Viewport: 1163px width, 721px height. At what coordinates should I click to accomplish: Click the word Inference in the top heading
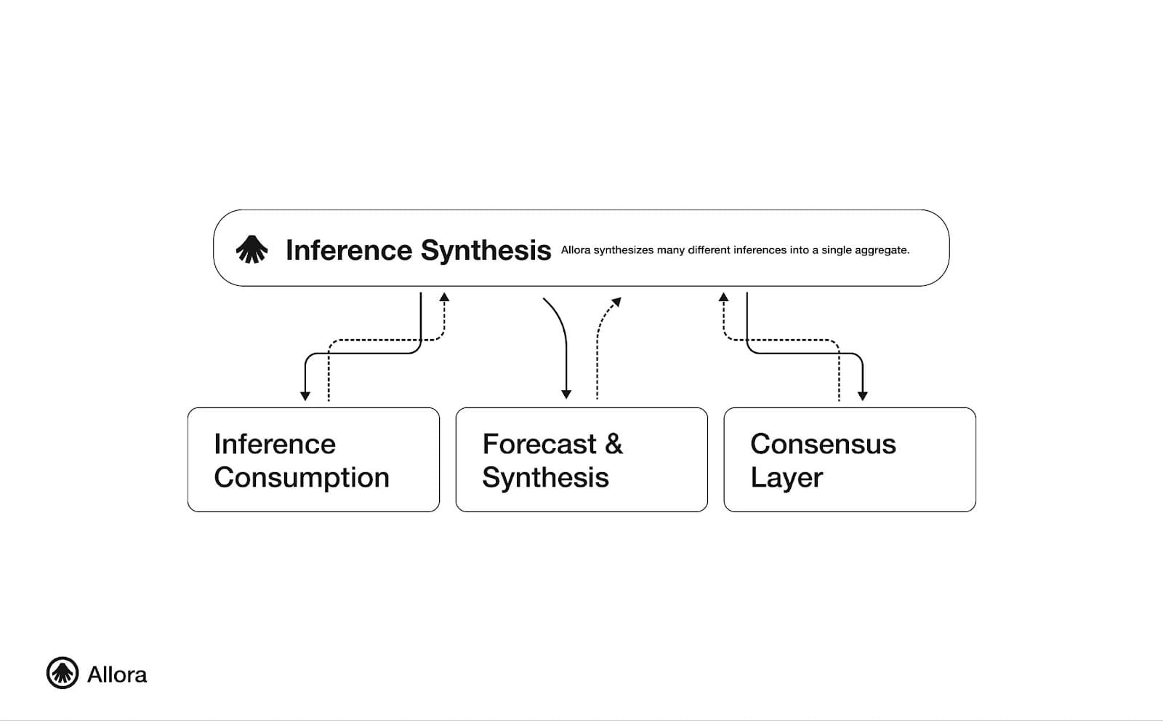tap(349, 250)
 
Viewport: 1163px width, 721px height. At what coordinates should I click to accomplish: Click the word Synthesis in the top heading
tap(486, 250)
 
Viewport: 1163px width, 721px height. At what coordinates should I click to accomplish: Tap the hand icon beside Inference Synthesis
tap(251, 250)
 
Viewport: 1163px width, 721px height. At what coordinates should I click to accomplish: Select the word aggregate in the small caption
tap(882, 250)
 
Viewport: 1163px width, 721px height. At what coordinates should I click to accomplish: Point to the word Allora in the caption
tap(575, 250)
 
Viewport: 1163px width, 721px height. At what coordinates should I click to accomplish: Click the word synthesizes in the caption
tap(623, 250)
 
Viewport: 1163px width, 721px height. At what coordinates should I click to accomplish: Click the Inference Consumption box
tap(313, 460)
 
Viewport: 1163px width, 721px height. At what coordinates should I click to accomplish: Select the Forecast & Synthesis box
tap(581, 460)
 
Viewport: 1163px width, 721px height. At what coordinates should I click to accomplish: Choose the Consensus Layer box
tap(850, 460)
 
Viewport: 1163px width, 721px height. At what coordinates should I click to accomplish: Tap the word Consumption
tap(302, 478)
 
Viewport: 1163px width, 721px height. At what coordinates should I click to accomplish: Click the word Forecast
tap(539, 444)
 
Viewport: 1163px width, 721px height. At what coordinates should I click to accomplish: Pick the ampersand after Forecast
tap(614, 444)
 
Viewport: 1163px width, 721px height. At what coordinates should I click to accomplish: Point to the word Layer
tap(786, 478)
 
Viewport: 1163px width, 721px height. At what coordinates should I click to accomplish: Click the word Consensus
tap(823, 444)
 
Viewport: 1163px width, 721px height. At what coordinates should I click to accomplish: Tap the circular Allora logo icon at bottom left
tap(63, 673)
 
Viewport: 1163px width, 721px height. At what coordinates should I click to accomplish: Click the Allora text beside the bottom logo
tap(117, 675)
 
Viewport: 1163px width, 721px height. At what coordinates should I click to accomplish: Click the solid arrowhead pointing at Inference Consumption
tap(305, 396)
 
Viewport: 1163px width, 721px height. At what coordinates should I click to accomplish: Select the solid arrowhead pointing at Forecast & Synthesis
tap(566, 394)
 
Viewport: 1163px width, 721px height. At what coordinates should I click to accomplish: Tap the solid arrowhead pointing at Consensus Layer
tap(862, 396)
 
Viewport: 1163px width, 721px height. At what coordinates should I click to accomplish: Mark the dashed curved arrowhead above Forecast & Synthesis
tap(616, 302)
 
